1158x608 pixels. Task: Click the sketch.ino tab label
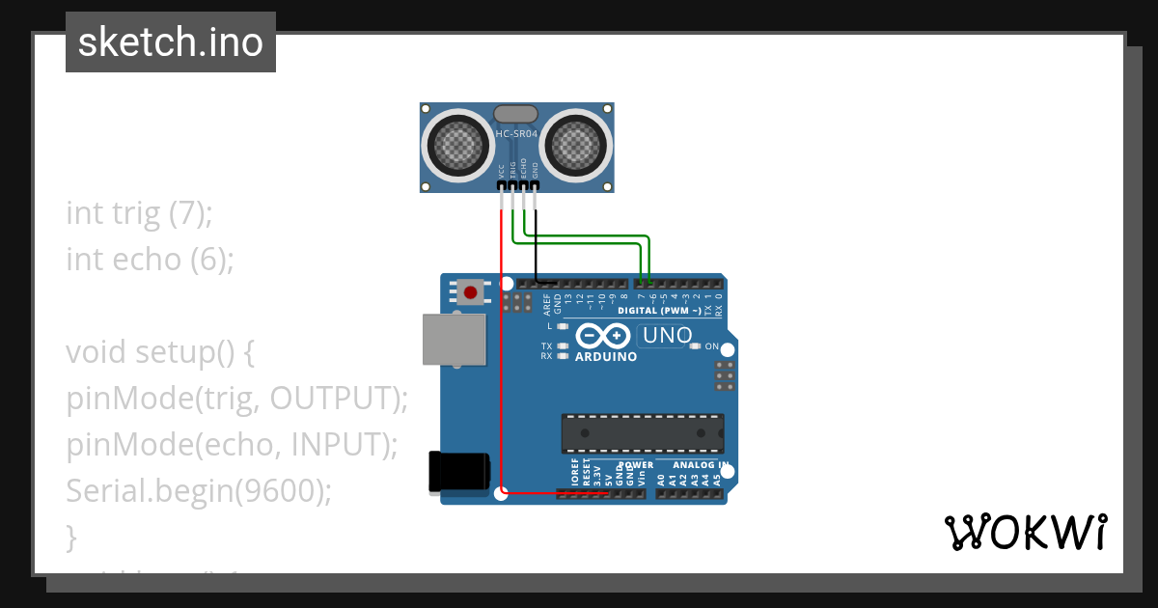171,42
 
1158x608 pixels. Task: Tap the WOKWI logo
1025,532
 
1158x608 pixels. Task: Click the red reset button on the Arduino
471,291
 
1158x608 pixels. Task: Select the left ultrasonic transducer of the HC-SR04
456,146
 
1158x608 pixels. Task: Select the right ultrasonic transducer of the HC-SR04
577,146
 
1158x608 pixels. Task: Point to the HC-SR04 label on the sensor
516,134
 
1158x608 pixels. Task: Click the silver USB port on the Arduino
455,340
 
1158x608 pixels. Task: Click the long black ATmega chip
643,433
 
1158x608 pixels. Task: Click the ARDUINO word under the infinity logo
606,357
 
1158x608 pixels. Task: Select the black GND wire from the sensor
536,251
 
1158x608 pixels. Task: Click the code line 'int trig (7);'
139,213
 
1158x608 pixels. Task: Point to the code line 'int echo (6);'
150,260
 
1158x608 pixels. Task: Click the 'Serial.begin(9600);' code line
199,491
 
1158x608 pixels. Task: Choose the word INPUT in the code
335,445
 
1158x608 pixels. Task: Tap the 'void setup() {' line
160,352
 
